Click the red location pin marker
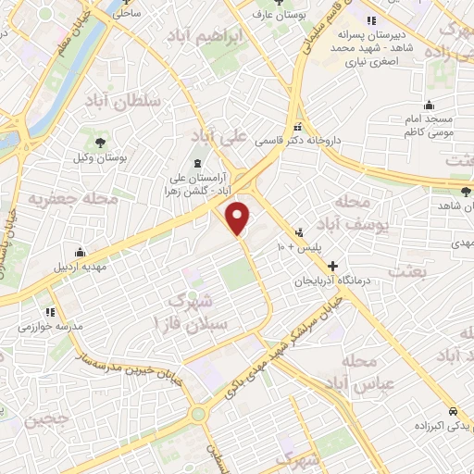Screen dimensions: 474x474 [x=239, y=218]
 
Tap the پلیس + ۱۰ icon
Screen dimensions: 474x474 [x=299, y=232]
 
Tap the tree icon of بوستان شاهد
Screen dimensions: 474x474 [x=465, y=192]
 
